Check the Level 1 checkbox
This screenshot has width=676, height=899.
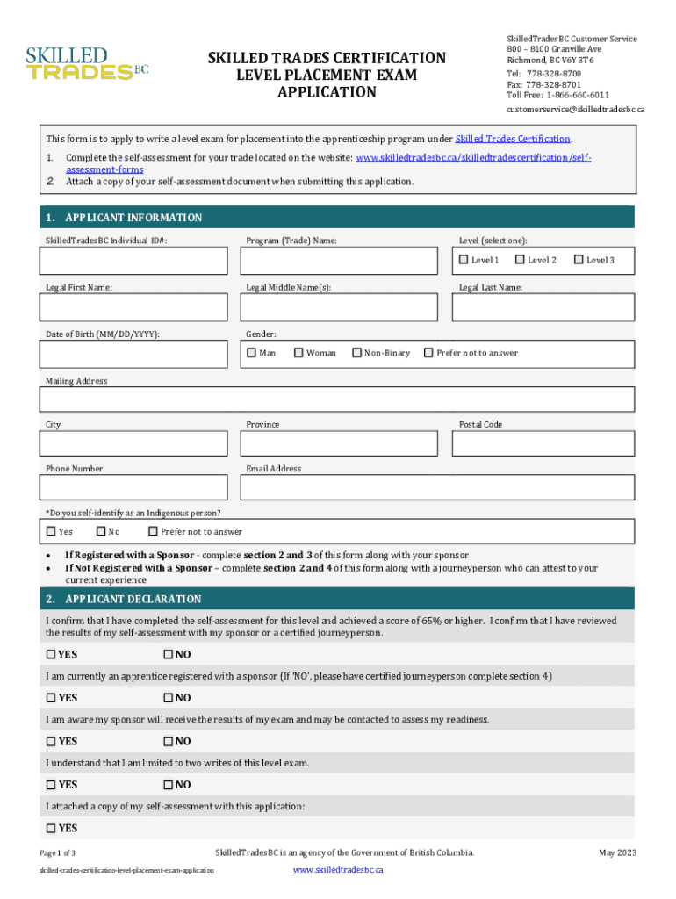464,260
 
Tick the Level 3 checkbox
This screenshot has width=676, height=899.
579,260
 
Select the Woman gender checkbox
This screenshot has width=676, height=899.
298,353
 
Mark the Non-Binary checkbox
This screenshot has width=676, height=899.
356,353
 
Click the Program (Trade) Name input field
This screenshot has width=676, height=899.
339,261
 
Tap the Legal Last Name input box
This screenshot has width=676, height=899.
543,307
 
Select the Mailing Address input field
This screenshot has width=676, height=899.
337,399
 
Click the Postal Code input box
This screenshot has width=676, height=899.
543,443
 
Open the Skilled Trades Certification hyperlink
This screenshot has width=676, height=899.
513,139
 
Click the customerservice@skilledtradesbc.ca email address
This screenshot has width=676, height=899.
576,110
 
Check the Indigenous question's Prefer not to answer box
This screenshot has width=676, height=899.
154,531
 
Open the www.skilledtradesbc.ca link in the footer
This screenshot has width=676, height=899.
338,869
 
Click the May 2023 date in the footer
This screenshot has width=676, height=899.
617,852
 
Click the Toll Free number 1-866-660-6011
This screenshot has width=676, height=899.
577,95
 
